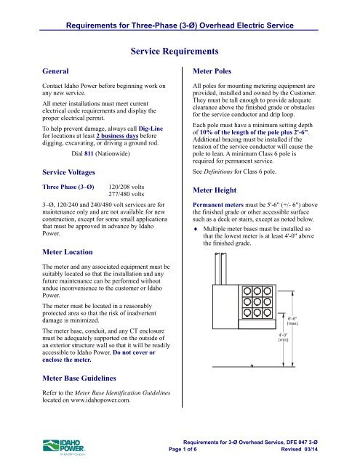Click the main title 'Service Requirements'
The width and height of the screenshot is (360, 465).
[180, 52]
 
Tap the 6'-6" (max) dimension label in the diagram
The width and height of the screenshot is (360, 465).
[293, 321]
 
